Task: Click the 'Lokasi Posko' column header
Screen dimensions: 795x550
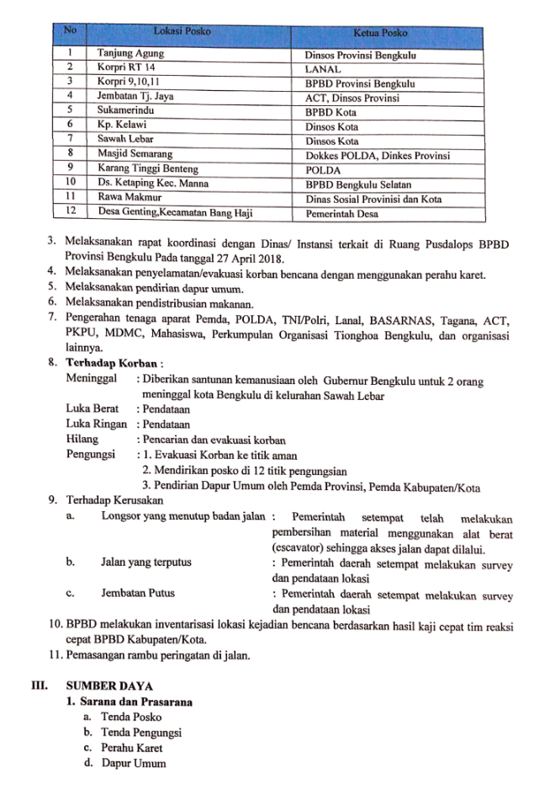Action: pyautogui.click(x=182, y=32)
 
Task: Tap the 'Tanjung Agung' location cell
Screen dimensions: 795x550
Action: pyautogui.click(x=130, y=54)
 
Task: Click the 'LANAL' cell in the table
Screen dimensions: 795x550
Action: pyautogui.click(x=324, y=70)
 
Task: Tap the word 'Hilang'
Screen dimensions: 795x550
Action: pyautogui.click(x=82, y=439)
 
